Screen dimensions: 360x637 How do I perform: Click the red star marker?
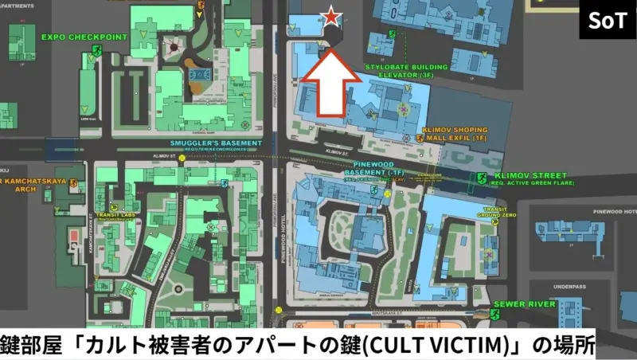pyautogui.click(x=330, y=17)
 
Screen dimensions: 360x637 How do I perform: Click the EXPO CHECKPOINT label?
pyautogui.click(x=73, y=37)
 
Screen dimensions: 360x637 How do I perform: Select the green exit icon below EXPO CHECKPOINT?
pyautogui.click(x=96, y=51)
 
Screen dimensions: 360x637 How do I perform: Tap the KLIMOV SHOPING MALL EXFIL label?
pyautogui.click(x=467, y=132)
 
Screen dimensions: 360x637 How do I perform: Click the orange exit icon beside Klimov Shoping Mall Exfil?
pyautogui.click(x=420, y=138)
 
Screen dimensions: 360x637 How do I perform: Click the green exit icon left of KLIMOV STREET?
pyautogui.click(x=481, y=178)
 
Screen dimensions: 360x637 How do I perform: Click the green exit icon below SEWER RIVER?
pyautogui.click(x=494, y=315)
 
